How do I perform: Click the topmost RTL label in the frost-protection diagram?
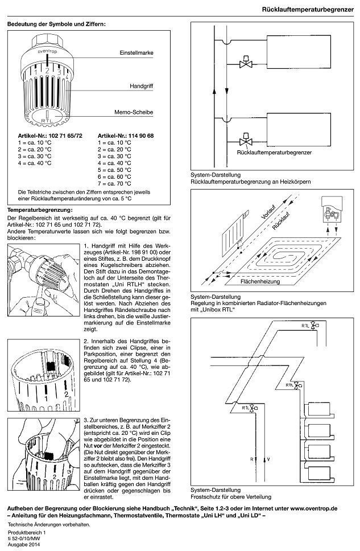pyautogui.click(x=305, y=326)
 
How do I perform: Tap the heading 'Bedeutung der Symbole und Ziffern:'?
pyautogui.click(x=56, y=24)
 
